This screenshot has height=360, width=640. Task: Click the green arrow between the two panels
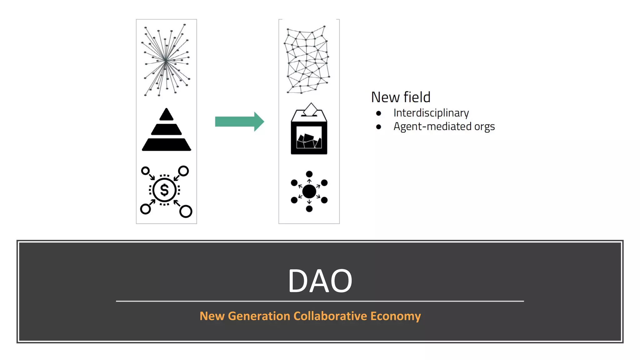tap(239, 122)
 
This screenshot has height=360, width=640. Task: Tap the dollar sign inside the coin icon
tap(164, 190)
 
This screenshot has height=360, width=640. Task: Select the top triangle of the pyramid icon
tap(166, 115)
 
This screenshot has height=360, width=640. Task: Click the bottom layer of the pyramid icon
tap(167, 145)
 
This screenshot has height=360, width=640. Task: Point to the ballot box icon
tap(309, 134)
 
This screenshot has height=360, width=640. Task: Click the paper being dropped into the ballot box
tap(311, 109)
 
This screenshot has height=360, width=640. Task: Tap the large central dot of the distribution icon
tap(309, 191)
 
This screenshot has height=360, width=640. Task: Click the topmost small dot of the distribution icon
tap(309, 174)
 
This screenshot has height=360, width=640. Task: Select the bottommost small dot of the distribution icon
tap(309, 209)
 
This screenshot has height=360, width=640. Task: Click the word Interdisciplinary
tap(431, 113)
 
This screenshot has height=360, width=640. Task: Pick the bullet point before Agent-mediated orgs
tap(378, 127)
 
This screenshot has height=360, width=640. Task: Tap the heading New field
tap(401, 97)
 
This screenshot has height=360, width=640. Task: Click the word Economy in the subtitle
tap(395, 316)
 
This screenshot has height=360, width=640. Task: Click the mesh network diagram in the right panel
tap(307, 60)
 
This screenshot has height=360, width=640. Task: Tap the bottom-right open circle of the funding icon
tap(186, 211)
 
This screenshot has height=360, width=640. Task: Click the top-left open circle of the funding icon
tap(145, 171)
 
